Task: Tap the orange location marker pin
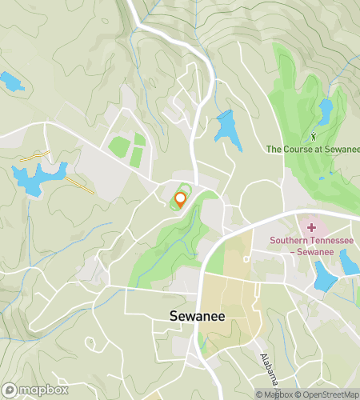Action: point(181,200)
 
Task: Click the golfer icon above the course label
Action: point(313,137)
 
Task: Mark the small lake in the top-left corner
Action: point(12,82)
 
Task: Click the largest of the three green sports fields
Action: point(119,147)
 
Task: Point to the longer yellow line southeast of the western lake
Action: point(80,186)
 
